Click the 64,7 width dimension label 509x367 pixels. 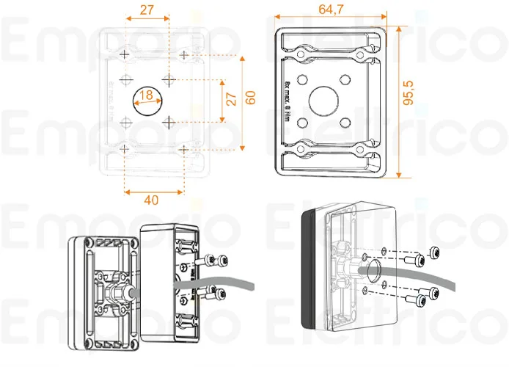pos(330,10)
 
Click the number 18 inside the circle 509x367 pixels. pos(146,95)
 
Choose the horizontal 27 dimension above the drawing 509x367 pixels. pos(147,10)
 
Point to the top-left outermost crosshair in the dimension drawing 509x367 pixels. pos(125,55)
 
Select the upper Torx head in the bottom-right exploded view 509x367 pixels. pos(435,252)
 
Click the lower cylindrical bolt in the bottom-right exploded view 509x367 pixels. pos(416,300)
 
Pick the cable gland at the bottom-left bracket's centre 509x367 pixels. pos(117,291)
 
